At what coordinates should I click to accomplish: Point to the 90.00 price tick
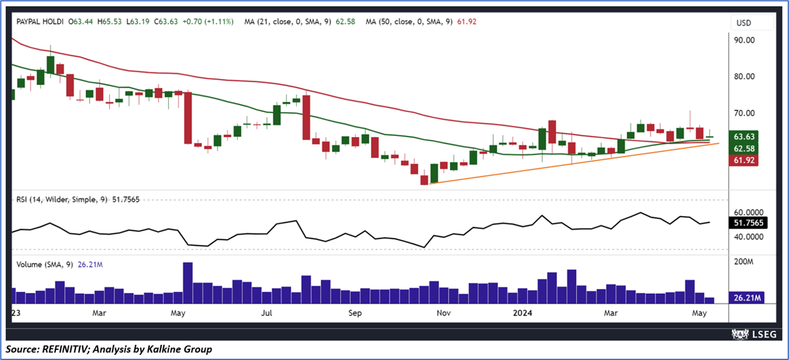pyautogui.click(x=745, y=40)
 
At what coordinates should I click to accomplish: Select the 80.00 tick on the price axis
pyautogui.click(x=745, y=77)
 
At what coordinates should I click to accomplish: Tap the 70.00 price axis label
pyautogui.click(x=745, y=113)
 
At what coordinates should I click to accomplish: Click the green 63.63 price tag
pyautogui.click(x=745, y=137)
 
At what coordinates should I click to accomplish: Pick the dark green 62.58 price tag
pyautogui.click(x=745, y=149)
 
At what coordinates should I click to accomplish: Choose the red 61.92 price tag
pyautogui.click(x=745, y=160)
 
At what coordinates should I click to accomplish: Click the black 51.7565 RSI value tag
pyautogui.click(x=749, y=223)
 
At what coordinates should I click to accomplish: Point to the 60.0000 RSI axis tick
pyautogui.click(x=748, y=212)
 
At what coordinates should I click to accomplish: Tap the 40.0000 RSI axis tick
pyautogui.click(x=748, y=237)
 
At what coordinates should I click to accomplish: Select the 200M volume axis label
pyautogui.click(x=745, y=261)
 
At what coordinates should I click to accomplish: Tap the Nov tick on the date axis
pyautogui.click(x=443, y=313)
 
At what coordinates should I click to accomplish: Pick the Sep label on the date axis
pyautogui.click(x=355, y=313)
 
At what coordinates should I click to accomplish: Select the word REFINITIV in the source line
pyautogui.click(x=63, y=349)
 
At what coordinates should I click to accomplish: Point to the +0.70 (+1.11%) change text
pyautogui.click(x=208, y=21)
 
